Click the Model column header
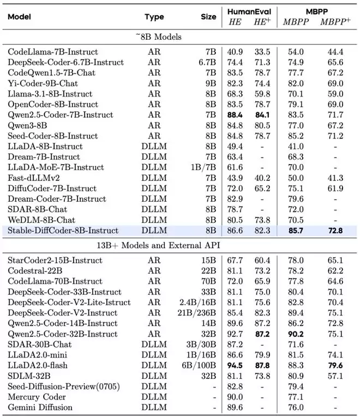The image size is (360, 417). click(x=19, y=17)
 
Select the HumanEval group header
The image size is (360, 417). click(x=249, y=11)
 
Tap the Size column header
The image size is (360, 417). click(x=208, y=17)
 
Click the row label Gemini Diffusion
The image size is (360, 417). click(x=40, y=408)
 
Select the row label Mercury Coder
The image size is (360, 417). click(x=37, y=397)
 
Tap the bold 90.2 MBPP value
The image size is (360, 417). click(x=295, y=334)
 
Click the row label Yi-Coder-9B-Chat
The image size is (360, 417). click(x=43, y=83)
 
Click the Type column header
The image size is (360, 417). click(x=154, y=17)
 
